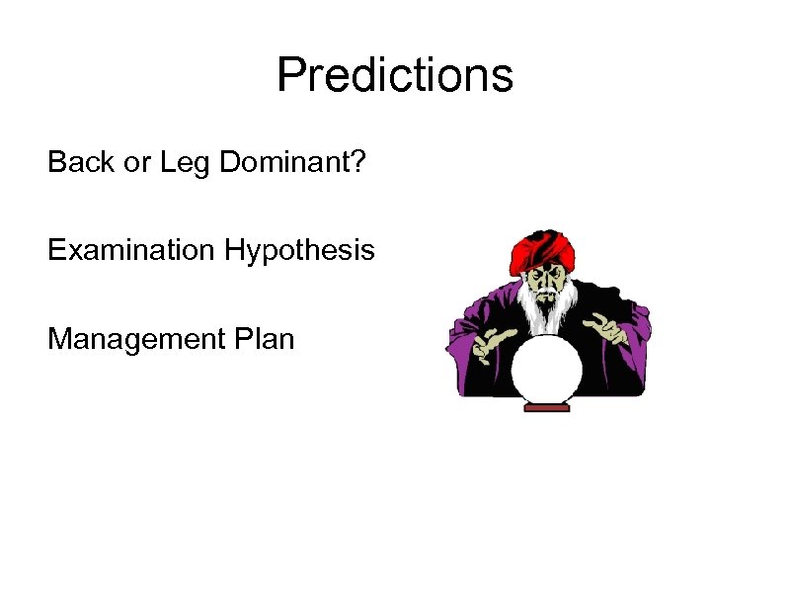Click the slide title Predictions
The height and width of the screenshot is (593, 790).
395,75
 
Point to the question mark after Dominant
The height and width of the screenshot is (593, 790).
358,162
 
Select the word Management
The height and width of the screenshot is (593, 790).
134,340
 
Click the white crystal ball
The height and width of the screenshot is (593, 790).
546,368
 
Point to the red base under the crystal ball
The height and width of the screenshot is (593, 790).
546,405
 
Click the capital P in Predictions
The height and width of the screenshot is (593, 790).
290,75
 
